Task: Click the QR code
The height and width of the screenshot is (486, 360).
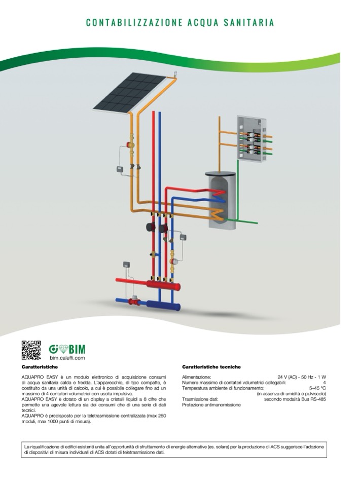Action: (x=31, y=350)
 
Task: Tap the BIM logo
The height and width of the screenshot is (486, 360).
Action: (x=67, y=349)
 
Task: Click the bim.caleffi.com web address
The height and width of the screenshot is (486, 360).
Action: (x=67, y=358)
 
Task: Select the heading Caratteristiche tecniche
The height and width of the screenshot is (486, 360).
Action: (x=211, y=367)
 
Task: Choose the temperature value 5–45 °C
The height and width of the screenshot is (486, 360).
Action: (x=316, y=388)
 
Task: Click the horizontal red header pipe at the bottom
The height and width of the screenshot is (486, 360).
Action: (x=147, y=283)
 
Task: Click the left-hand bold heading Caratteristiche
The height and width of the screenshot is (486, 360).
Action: (x=40, y=366)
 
